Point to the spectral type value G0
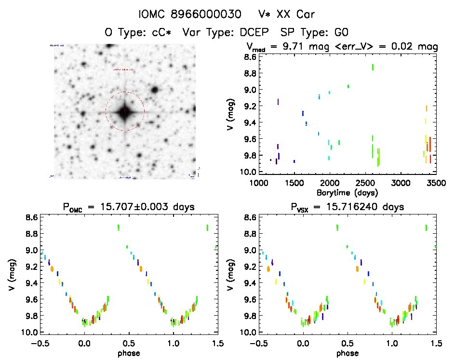click(x=341, y=32)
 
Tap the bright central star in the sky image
click(x=125, y=111)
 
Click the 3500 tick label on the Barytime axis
click(x=437, y=184)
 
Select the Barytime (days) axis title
click(x=348, y=192)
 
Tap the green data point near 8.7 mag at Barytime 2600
click(x=373, y=67)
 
